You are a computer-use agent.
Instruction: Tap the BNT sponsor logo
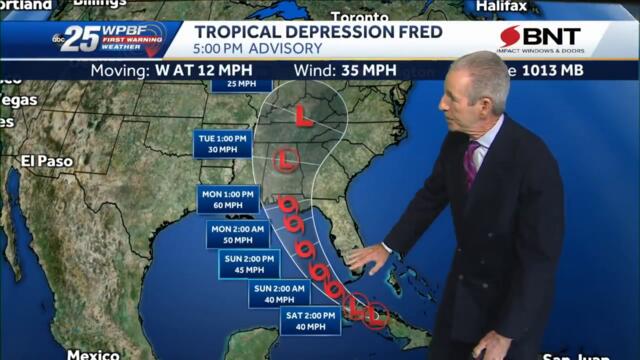click(553, 39)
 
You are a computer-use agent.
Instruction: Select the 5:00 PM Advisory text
click(258, 49)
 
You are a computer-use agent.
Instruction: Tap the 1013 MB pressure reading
click(590, 71)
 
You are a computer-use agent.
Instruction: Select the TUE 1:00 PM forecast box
click(221, 143)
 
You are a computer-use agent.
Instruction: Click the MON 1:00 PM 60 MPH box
click(228, 199)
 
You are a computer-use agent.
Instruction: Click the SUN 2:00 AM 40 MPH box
click(277, 292)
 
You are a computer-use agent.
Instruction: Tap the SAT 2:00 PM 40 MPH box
click(305, 320)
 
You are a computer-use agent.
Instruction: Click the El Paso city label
click(47, 160)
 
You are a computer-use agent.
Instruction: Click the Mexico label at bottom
click(93, 354)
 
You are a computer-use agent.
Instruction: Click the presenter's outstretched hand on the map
click(368, 259)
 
